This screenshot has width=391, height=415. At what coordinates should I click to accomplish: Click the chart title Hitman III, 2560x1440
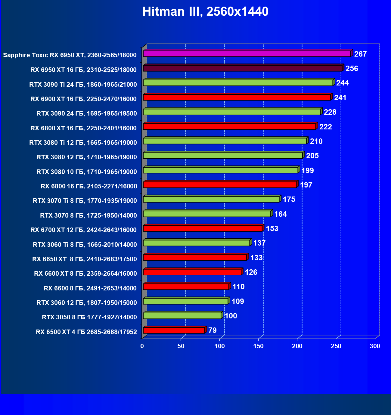pyautogui.click(x=205, y=12)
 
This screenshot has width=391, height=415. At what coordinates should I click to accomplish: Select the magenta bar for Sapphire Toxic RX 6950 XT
pyautogui.click(x=247, y=54)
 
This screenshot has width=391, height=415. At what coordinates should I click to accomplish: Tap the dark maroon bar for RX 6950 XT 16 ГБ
pyautogui.click(x=243, y=68)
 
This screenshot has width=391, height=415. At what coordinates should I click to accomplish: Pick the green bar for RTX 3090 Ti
pyautogui.click(x=238, y=83)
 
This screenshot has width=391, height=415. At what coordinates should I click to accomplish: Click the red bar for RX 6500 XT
pyautogui.click(x=174, y=330)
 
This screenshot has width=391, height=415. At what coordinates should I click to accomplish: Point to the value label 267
pyautogui.click(x=360, y=54)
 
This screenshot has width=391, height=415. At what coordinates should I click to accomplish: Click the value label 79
pyautogui.click(x=212, y=330)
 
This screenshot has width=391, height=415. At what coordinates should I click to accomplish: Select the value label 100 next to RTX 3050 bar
pyautogui.click(x=231, y=316)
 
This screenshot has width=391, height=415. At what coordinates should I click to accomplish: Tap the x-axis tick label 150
pyautogui.click(x=258, y=346)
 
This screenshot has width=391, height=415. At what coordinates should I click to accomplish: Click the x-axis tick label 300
pyautogui.click(x=375, y=346)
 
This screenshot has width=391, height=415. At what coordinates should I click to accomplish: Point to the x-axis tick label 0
pyautogui.click(x=142, y=346)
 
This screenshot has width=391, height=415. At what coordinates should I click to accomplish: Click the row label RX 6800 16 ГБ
pyautogui.click(x=89, y=186)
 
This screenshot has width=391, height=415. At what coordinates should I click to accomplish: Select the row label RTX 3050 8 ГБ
pyautogui.click(x=89, y=317)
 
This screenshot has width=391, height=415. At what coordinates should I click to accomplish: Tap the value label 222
pyautogui.click(x=325, y=127)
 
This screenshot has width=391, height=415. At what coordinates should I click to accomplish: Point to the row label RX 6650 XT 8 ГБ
pyautogui.click(x=84, y=259)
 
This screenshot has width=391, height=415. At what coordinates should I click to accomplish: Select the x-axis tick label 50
pyautogui.click(x=181, y=346)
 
